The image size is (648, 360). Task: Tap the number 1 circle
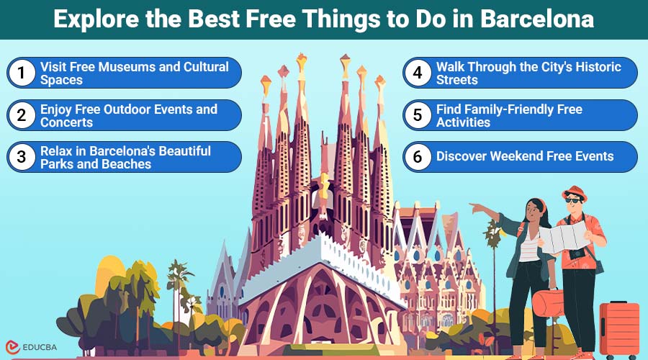click(x=22, y=73)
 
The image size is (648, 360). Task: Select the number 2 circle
click(x=22, y=115)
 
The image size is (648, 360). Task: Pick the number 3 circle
click(x=22, y=157)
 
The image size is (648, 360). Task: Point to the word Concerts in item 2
click(x=66, y=122)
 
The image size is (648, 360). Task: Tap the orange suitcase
click(x=618, y=329)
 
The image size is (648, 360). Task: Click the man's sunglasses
click(x=575, y=204)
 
